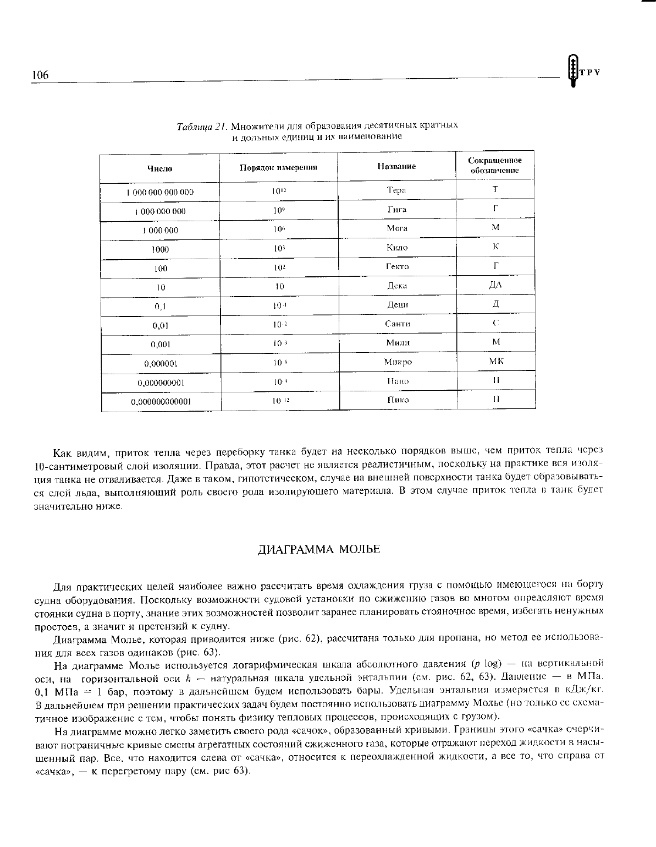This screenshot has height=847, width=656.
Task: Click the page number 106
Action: click(40, 75)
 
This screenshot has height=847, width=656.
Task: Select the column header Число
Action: click(159, 168)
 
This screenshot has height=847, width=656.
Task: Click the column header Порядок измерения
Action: click(278, 167)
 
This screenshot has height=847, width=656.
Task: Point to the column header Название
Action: click(396, 166)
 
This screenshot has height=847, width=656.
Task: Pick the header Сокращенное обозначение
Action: click(495, 165)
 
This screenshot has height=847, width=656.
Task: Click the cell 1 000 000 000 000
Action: click(160, 193)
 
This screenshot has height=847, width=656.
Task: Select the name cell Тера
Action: click(396, 190)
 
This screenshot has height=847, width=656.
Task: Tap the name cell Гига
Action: click(396, 210)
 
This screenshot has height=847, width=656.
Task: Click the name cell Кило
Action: click(397, 248)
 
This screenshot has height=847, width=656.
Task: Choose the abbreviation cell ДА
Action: click(495, 285)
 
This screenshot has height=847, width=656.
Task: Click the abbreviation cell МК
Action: click(496, 361)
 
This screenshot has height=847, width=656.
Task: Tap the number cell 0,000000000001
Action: click(161, 402)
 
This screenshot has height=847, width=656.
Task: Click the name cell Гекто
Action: click(397, 266)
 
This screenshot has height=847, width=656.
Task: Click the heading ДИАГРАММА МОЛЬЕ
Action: click(319, 550)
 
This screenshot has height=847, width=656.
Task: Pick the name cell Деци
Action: click(397, 304)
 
